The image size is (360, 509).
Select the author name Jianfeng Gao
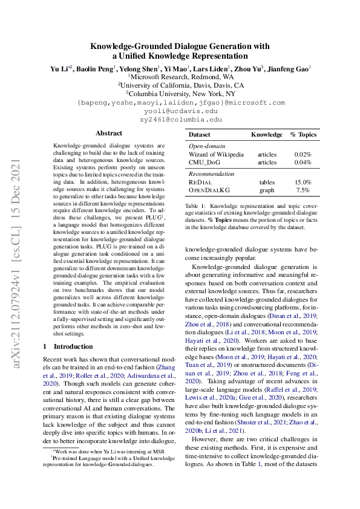[x=289, y=69]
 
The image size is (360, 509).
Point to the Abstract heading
[x=109, y=133]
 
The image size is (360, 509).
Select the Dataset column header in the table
[x=200, y=134]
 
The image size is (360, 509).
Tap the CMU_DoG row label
[x=206, y=162]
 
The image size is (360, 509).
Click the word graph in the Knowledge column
[x=266, y=190]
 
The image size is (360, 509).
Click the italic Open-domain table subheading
[x=207, y=146]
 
